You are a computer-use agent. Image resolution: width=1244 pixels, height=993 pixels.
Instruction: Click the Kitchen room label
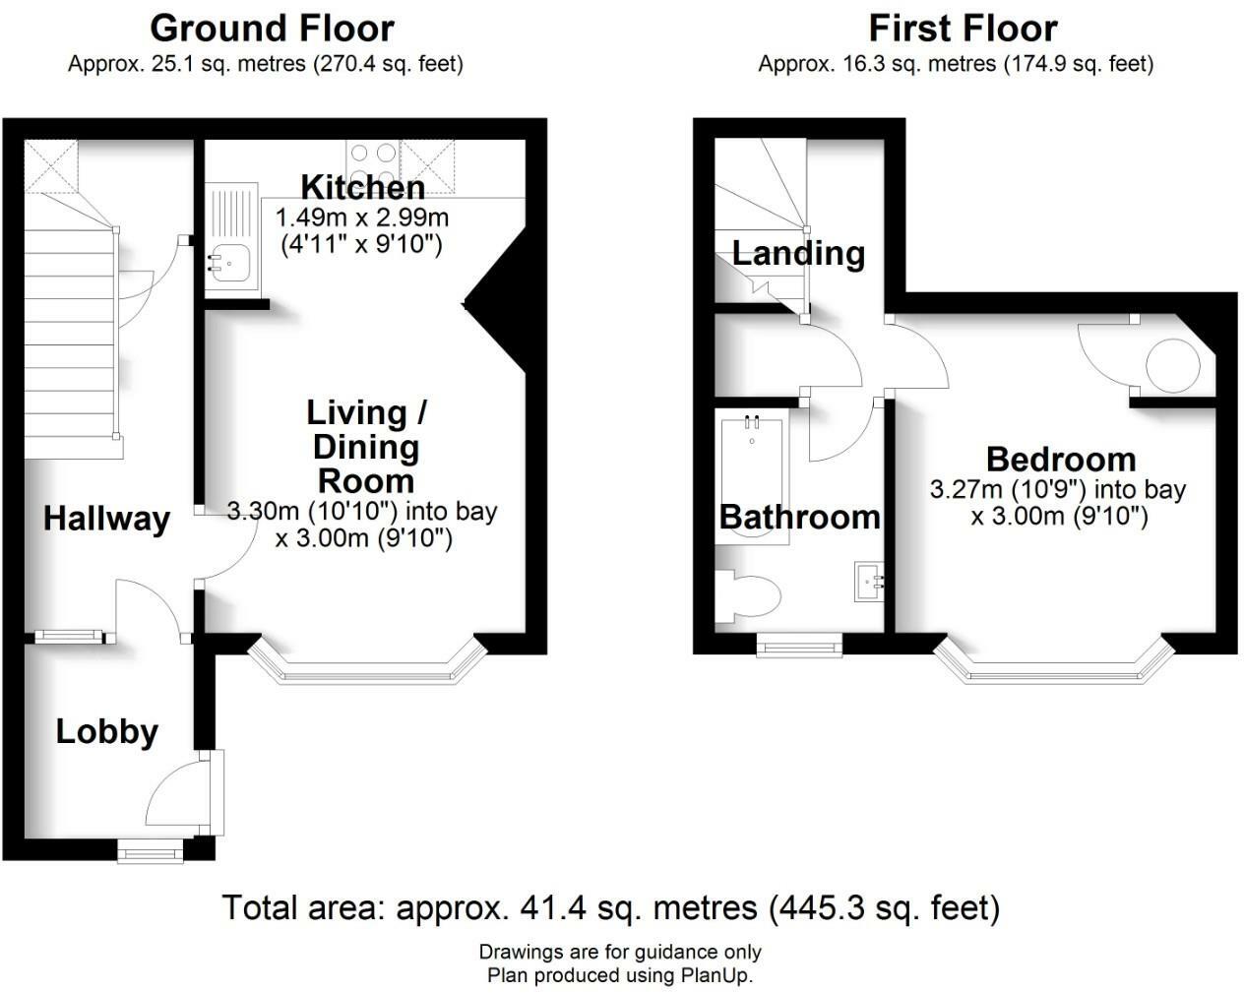(x=362, y=186)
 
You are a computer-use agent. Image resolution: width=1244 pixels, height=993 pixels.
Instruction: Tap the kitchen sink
(x=228, y=263)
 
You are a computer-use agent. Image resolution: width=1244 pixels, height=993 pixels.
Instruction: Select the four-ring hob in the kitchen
(x=373, y=163)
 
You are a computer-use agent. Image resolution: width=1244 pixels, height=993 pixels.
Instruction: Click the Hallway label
(x=106, y=519)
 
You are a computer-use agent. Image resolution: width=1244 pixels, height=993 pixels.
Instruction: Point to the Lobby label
(x=106, y=731)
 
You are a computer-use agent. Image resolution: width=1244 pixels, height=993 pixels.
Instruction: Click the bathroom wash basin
(x=869, y=581)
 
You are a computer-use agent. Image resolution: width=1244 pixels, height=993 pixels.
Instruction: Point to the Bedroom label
(x=1061, y=459)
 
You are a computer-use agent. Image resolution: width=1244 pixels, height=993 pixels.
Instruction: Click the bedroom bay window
(x=1054, y=670)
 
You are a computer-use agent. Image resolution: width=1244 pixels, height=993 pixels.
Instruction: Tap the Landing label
(x=798, y=253)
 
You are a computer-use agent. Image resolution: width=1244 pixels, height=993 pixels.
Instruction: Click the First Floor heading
(x=963, y=28)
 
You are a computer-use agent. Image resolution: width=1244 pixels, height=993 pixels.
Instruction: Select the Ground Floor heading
(x=272, y=28)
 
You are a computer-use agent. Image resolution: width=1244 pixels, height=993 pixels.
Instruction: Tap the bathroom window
(x=799, y=645)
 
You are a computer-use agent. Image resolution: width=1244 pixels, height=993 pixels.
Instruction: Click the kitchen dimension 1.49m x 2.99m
(x=362, y=217)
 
